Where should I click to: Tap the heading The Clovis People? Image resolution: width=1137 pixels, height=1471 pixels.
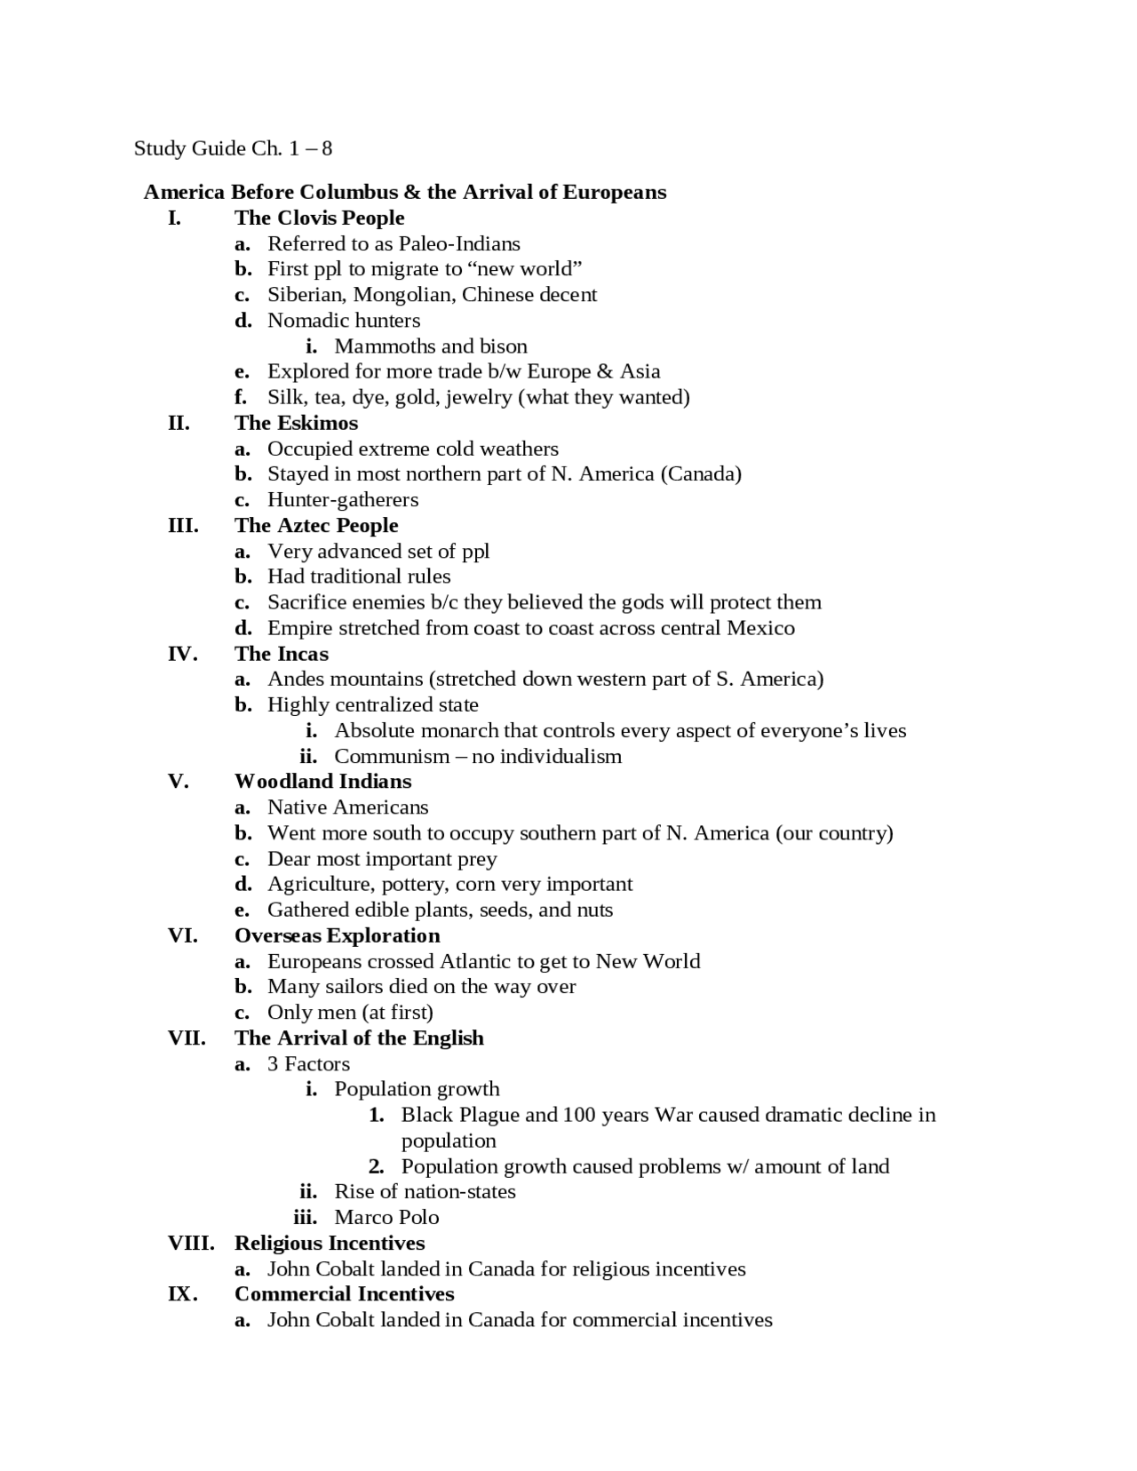point(319,218)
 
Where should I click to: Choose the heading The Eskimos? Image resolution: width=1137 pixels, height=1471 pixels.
point(296,423)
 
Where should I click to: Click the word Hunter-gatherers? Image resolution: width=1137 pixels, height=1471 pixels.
point(343,499)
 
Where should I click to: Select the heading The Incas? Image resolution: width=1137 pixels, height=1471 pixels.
point(281,654)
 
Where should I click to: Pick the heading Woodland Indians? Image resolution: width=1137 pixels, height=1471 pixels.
point(322,781)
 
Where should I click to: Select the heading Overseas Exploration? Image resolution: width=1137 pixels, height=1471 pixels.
point(337,935)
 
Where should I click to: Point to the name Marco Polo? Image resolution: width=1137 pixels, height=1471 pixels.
point(386,1217)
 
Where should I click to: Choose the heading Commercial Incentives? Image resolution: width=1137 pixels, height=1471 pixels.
point(344,1293)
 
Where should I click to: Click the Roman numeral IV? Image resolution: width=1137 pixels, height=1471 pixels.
point(182,654)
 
